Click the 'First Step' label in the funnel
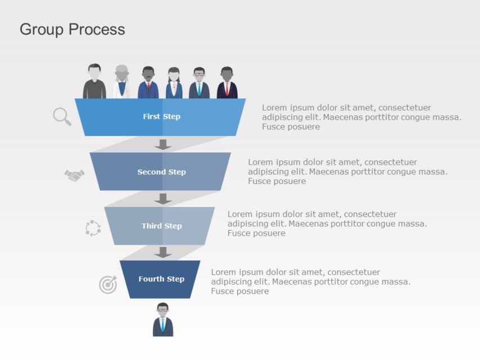pos(162,116)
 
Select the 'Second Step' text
pos(162,172)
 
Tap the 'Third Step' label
pos(162,226)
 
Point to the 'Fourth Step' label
pos(162,279)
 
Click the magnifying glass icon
pos(62,116)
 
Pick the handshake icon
pos(74,175)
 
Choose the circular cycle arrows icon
pos(93,228)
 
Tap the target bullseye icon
pos(108,284)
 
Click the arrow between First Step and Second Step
pos(163,145)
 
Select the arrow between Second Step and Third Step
pos(163,199)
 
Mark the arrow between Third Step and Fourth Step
pos(163,252)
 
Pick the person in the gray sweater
pos(95,82)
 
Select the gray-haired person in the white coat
pos(122,82)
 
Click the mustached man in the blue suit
pos(149,83)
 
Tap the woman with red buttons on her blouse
pos(174,83)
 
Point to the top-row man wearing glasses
pos(199,83)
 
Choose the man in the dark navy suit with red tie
pos(227,83)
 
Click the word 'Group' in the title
pos(42,29)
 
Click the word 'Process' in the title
pos(97,29)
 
